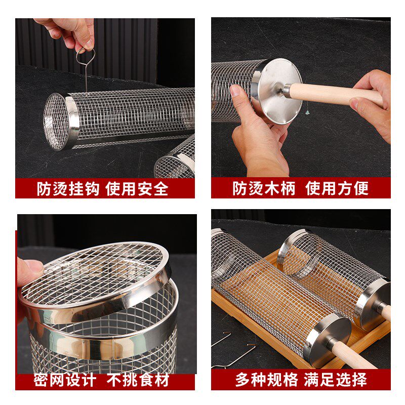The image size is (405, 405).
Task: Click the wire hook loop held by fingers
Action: pos(84,55)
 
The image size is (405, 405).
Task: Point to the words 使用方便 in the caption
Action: pos(337,189)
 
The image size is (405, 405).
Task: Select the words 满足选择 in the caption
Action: pos(336,380)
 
